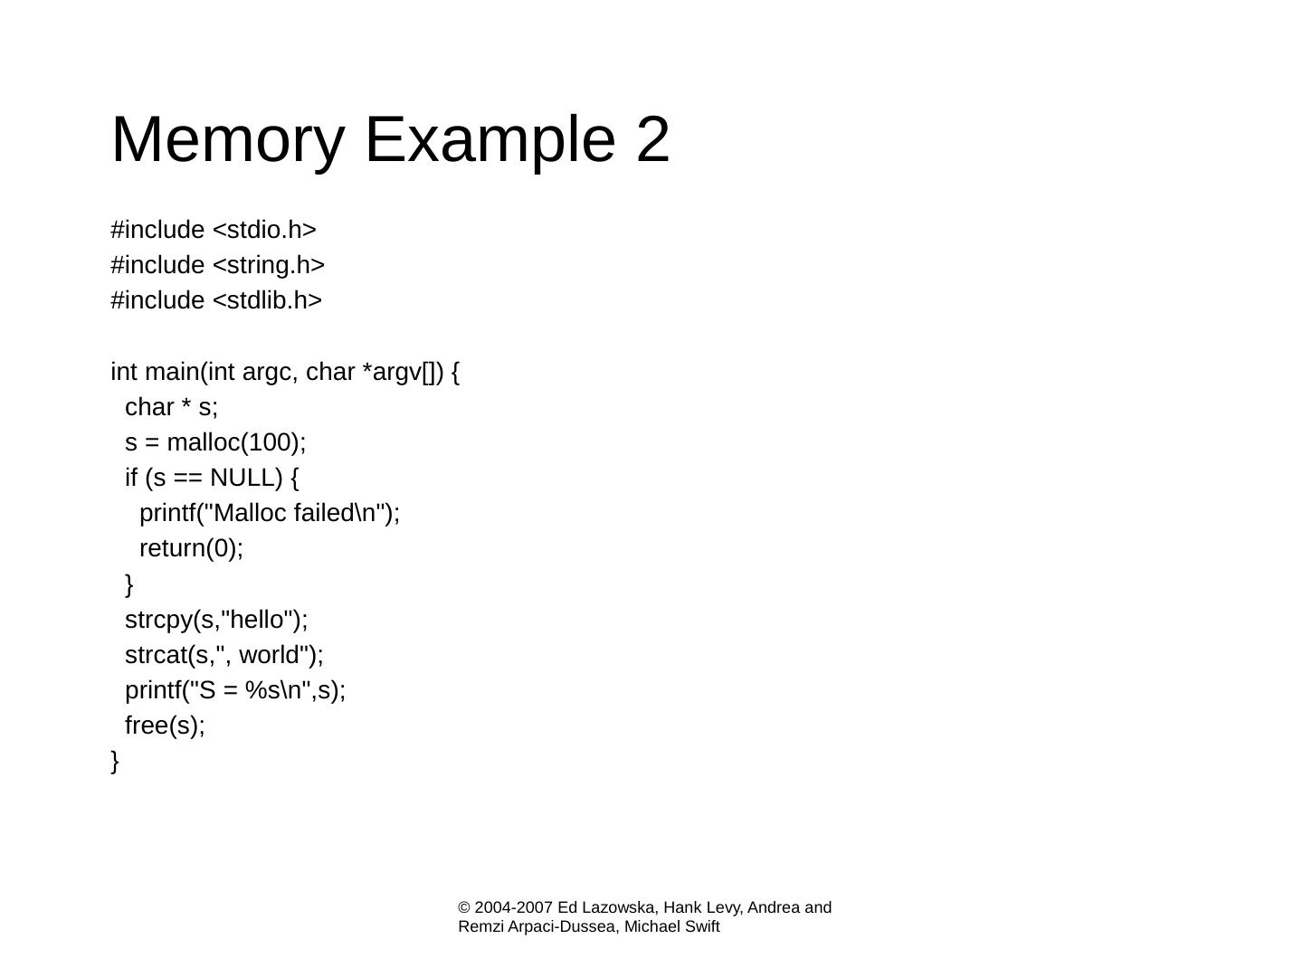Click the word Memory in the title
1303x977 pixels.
(x=227, y=140)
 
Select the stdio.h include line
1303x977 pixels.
(x=214, y=230)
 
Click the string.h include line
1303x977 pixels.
(x=217, y=265)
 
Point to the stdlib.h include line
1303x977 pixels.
(x=216, y=300)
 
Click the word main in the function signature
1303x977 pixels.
(x=171, y=372)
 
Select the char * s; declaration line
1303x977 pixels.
(x=172, y=407)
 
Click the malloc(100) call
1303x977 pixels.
(x=235, y=442)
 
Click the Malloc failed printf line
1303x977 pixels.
(x=270, y=513)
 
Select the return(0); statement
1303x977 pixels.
(x=192, y=548)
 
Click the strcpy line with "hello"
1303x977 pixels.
(x=216, y=620)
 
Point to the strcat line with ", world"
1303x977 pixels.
(x=224, y=655)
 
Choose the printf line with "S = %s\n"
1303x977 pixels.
(x=235, y=690)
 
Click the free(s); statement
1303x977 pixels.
(x=166, y=726)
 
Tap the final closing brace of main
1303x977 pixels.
(x=115, y=761)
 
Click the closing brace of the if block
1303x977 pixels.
(x=129, y=584)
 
